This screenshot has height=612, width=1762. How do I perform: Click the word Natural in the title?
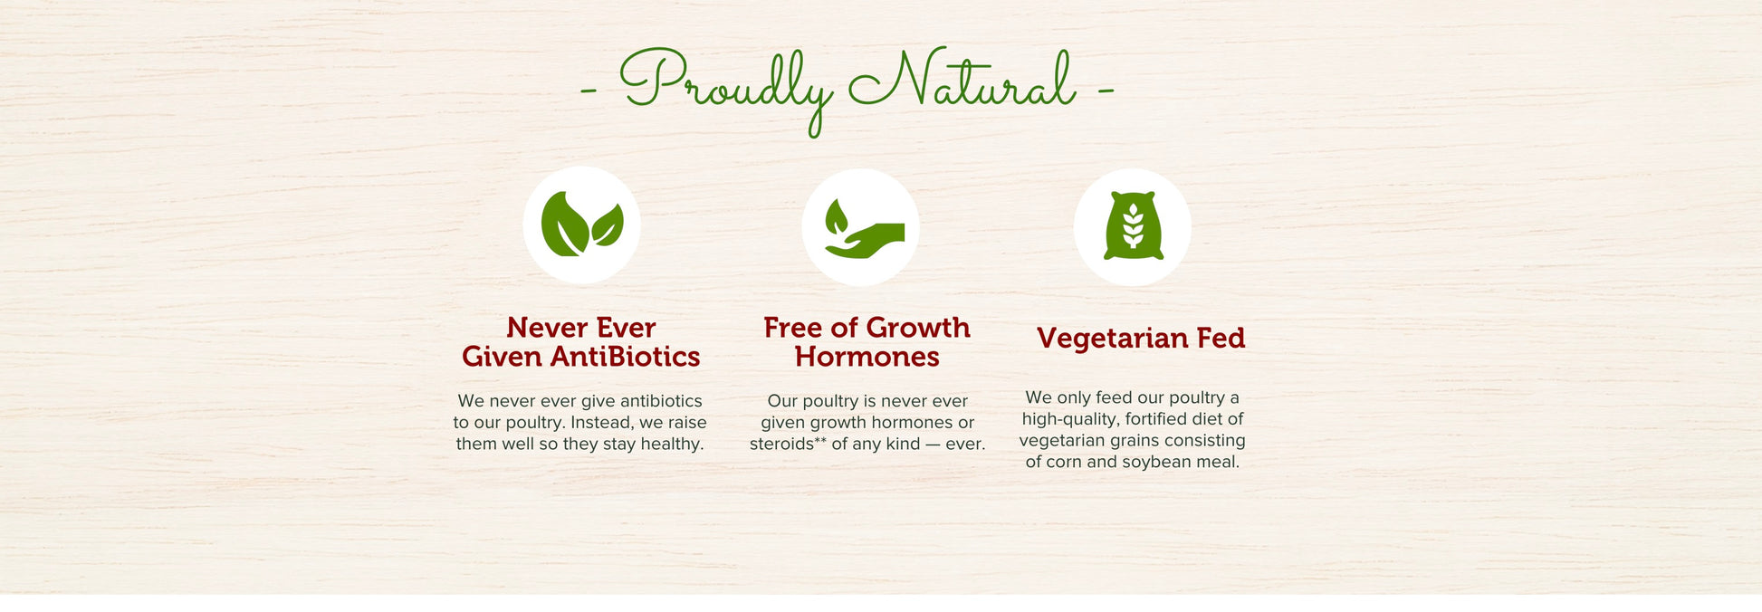962,80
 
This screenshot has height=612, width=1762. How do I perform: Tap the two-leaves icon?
581,225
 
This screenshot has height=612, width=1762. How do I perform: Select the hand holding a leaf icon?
864,229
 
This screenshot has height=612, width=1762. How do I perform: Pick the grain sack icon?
1133,226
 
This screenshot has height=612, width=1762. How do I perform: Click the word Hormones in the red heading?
867,357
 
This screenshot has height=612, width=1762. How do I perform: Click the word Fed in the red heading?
1221,338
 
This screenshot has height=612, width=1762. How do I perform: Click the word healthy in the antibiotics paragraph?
672,445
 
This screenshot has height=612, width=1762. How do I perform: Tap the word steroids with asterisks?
788,444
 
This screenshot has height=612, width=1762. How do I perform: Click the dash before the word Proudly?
589,90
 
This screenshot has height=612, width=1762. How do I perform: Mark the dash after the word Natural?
1106,90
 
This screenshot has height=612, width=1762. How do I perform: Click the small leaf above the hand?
836,216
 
